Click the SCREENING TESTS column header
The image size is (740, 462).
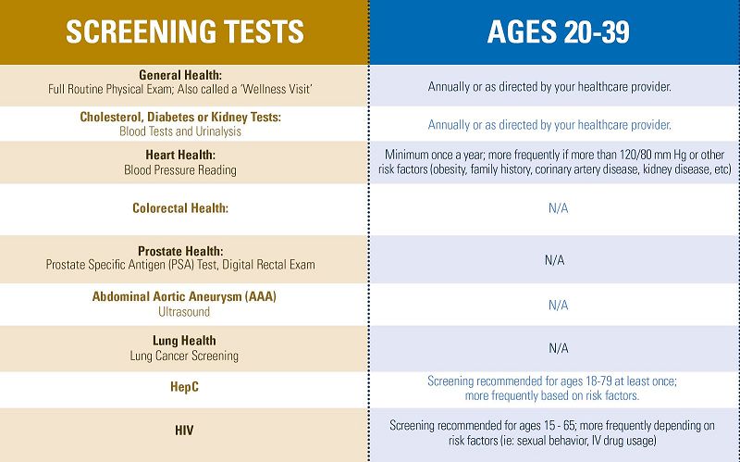(184, 31)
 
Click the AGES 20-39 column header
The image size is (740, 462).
(558, 31)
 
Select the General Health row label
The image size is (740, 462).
(180, 75)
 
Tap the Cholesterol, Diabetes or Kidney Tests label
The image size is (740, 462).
(180, 118)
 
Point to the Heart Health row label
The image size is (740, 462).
(180, 156)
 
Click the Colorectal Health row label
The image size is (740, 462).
(180, 208)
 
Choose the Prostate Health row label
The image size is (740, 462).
(180, 251)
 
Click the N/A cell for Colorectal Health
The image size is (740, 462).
(558, 208)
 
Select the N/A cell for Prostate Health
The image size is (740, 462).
(554, 260)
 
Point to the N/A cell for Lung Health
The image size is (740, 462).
(558, 348)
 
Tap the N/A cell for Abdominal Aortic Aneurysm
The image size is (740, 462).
(558, 305)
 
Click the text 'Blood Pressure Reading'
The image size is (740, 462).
(180, 170)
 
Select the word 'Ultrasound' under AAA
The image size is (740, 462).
(184, 312)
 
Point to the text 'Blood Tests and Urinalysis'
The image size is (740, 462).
(180, 131)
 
